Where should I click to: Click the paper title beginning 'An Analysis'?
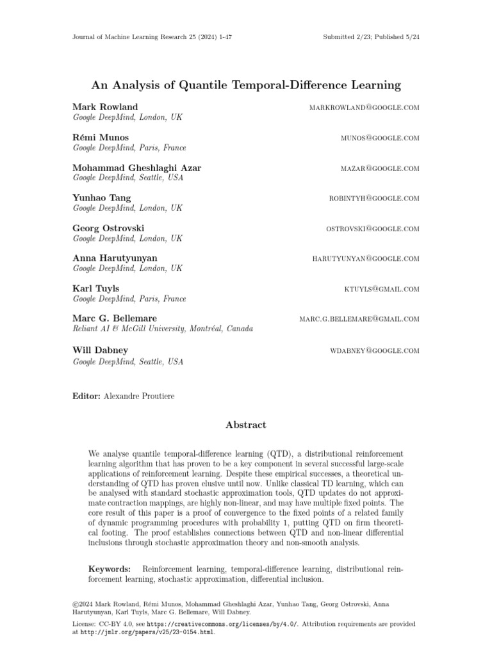click(x=246, y=85)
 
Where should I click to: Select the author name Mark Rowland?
click(x=105, y=107)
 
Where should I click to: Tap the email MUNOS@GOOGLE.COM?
click(x=380, y=138)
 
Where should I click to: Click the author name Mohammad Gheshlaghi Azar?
click(x=137, y=168)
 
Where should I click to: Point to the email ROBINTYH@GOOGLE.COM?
click(x=374, y=199)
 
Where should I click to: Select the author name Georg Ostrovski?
click(x=109, y=228)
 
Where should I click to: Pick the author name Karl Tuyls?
click(x=96, y=288)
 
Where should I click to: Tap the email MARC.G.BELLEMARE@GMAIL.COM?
click(x=359, y=319)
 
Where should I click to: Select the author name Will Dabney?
click(x=101, y=350)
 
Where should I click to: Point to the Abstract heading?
click(x=246, y=425)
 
